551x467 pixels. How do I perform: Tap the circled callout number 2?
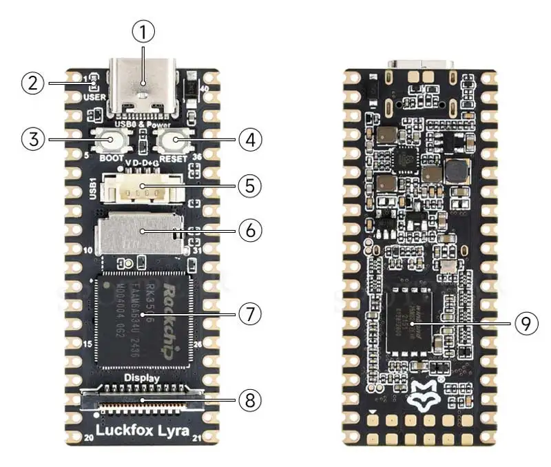[x=32, y=84]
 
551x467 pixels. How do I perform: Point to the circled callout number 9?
[x=526, y=324]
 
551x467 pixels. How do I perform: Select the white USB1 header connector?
[x=143, y=187]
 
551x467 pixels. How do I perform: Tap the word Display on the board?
[x=142, y=377]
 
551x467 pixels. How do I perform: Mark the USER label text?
[x=94, y=98]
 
